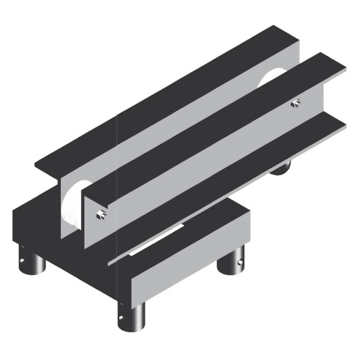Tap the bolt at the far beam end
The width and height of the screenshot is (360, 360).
point(296,103)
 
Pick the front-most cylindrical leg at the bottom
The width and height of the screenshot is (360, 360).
point(134,318)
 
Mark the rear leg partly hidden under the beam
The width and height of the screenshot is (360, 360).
point(280,168)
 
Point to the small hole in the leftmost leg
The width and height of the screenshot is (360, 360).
point(21,264)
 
